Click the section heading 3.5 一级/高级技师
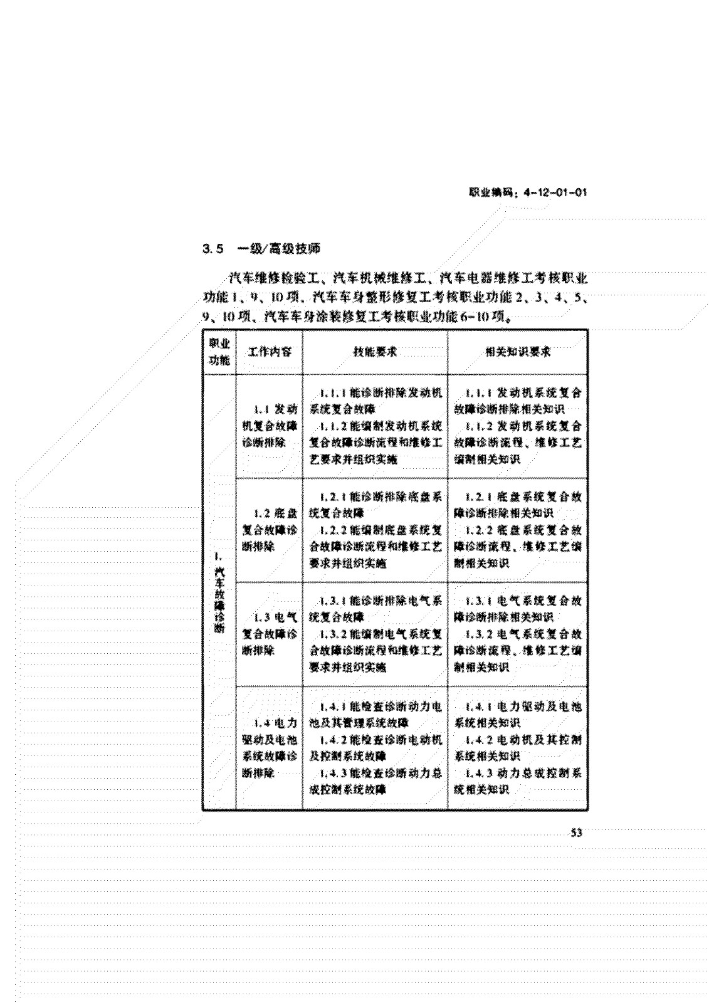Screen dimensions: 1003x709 coord(261,249)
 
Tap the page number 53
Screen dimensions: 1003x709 coord(575,833)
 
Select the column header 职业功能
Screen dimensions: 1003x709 coord(219,352)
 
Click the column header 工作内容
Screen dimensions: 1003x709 coord(270,352)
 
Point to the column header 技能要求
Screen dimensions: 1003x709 coord(375,352)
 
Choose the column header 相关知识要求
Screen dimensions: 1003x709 coord(518,352)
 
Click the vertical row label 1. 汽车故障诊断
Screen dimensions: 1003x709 coord(219,592)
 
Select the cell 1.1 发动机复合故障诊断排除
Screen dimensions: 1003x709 coord(270,426)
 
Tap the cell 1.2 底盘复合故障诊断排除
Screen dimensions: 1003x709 coord(270,530)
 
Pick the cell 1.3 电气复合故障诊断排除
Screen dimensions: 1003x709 coord(270,634)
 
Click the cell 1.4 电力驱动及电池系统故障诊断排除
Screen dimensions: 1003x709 coord(270,748)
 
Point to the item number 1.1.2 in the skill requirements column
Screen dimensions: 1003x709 coord(332,426)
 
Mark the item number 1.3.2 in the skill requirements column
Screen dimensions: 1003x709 coord(332,634)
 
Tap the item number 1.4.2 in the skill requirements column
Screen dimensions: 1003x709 coord(332,740)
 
